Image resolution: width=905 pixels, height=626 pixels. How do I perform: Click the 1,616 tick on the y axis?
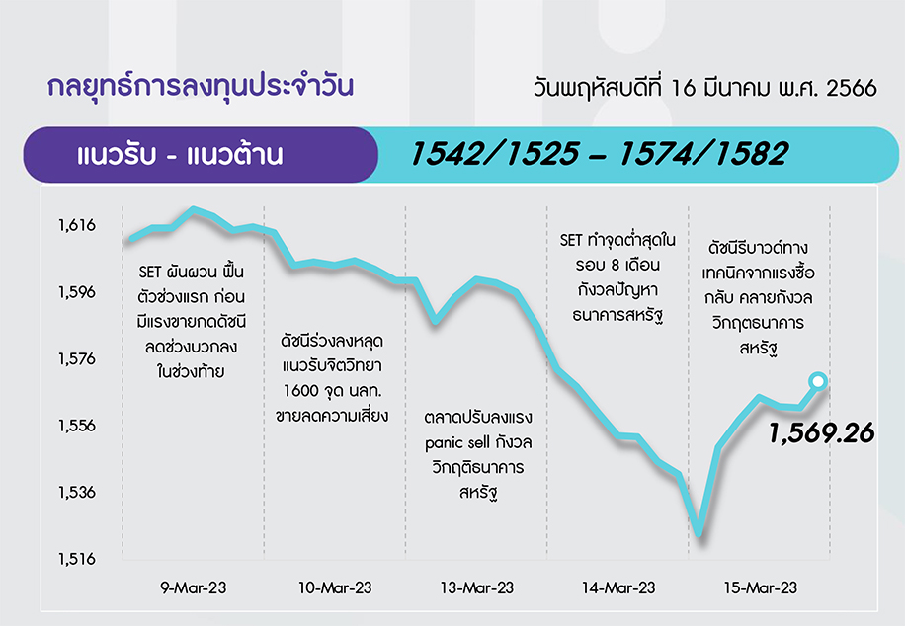click(77, 225)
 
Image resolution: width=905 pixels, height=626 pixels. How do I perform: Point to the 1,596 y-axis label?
click(77, 292)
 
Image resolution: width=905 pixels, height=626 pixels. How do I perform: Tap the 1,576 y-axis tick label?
click(77, 358)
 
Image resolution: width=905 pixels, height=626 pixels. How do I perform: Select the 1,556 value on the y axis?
click(77, 426)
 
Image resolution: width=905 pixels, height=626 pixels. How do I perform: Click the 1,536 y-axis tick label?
click(77, 492)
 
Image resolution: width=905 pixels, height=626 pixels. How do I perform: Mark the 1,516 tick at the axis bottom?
click(77, 559)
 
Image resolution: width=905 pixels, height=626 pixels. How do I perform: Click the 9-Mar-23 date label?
click(194, 587)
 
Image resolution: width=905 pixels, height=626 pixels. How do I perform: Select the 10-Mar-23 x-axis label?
click(335, 587)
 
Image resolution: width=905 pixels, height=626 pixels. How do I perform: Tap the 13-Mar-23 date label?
click(477, 587)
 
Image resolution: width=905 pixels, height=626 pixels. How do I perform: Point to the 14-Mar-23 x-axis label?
click(618, 587)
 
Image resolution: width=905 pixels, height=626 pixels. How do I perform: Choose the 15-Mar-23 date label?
click(761, 587)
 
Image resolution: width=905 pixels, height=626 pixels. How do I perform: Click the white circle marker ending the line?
click(818, 381)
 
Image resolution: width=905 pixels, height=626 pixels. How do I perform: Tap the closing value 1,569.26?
click(821, 433)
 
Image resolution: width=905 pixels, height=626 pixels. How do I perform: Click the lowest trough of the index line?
click(699, 533)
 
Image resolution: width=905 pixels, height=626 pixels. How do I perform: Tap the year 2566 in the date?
click(852, 88)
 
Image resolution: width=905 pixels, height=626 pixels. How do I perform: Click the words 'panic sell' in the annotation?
click(457, 442)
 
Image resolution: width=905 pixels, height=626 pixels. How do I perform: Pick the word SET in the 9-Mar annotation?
click(149, 272)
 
